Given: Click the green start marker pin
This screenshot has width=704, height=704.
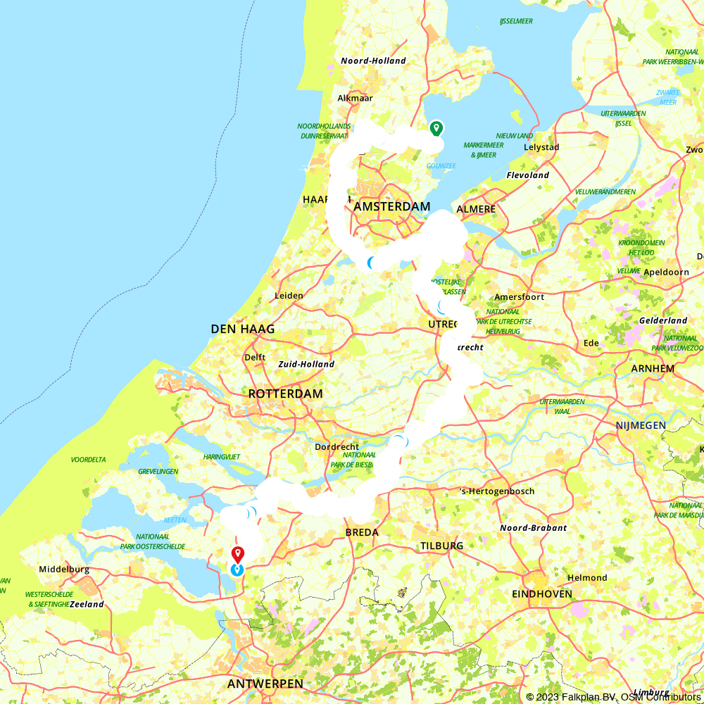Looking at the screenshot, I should coord(436,128).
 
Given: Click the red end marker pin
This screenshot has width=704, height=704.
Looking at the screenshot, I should coord(237,554).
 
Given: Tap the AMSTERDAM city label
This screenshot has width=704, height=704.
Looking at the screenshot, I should coord(391,206).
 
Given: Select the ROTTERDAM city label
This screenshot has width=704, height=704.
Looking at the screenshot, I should coord(285,394).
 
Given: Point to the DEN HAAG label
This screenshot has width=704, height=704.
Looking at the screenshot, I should coord(242,329).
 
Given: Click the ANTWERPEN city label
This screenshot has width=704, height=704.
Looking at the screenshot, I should coord(265,684).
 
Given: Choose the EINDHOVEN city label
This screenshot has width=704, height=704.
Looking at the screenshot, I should coord(542,594).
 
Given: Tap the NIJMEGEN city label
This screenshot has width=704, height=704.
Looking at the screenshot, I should coord(641,425).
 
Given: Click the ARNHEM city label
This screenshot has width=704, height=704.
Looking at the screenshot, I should coord(653,368).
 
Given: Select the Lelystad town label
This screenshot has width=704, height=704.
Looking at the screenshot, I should coord(541,147).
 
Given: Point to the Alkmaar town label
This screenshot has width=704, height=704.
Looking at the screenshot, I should coord(356,99).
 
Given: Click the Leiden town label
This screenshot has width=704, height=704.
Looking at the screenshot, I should coord(289,296).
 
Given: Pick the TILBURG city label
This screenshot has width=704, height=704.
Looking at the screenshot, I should coord(441,546).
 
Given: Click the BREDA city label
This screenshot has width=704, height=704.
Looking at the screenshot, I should coord(362,532).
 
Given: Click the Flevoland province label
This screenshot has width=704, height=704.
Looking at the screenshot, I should coord(528,175).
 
